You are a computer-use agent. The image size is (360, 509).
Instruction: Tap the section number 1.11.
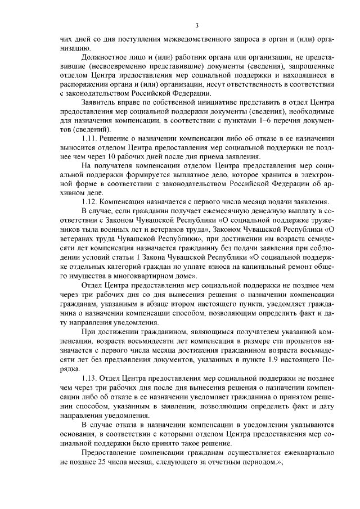point(90,138)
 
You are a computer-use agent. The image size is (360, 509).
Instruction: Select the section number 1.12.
point(90,202)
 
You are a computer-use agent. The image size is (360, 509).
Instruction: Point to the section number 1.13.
point(90,378)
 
